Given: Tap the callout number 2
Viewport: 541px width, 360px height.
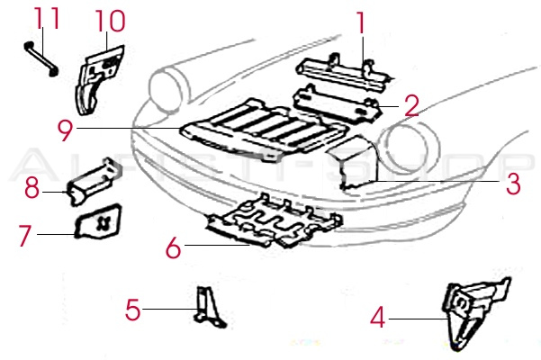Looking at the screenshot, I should [x=410, y=106].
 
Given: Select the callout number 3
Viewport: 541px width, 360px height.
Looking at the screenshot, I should [x=512, y=184].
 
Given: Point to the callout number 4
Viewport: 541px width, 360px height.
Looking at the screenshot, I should [x=378, y=317].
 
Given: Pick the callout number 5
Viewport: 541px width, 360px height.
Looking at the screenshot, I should [x=133, y=310].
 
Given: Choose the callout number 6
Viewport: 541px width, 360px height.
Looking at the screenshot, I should [x=174, y=246].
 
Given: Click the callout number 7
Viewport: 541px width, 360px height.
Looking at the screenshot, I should [x=26, y=236].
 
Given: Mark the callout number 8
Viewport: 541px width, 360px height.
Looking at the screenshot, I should [x=32, y=189].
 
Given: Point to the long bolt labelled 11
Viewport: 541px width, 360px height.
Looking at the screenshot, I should [x=41, y=58].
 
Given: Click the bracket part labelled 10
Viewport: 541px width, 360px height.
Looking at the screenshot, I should [x=95, y=76].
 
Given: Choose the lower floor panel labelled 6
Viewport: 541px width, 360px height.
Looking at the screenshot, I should [x=275, y=225].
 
